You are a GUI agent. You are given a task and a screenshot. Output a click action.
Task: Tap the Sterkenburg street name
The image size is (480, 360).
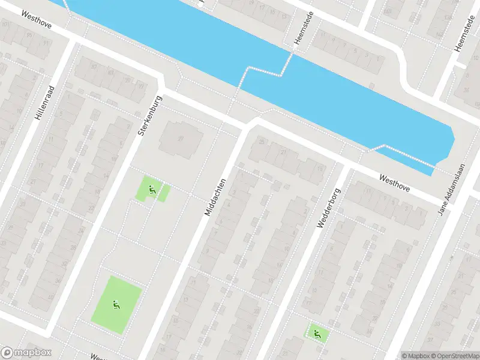pos(150,114)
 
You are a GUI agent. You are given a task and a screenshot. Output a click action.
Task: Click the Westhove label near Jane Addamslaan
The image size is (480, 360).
pos(394,183)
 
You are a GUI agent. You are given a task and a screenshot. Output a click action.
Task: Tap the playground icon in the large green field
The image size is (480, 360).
pos(115,305)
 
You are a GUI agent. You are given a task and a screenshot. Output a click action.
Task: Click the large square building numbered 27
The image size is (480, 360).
pos(181,138)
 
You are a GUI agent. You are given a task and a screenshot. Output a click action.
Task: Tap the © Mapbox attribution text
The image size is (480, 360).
pos(416,355)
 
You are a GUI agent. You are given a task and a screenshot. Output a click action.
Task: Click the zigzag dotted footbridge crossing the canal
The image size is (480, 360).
pos(264,72)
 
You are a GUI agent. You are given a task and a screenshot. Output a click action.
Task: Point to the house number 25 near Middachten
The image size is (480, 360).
pos(261,142)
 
